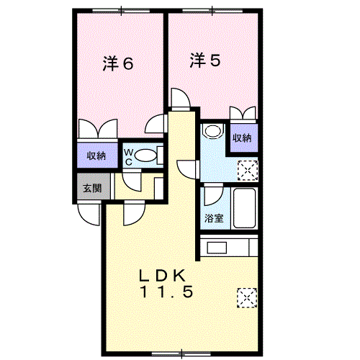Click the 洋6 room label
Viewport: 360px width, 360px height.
(x=118, y=63)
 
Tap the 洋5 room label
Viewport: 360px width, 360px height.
(x=205, y=60)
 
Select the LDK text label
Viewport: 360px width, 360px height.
(x=163, y=276)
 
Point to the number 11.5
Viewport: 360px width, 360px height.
(x=166, y=292)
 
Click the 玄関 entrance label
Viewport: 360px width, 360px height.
(x=92, y=189)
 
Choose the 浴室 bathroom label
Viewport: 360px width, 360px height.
(x=214, y=218)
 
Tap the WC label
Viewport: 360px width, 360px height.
(x=128, y=157)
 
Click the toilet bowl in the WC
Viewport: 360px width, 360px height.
(x=145, y=156)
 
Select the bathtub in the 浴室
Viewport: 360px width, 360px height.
(x=244, y=208)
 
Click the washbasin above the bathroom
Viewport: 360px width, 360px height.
(x=213, y=131)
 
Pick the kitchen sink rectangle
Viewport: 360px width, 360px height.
(x=217, y=248)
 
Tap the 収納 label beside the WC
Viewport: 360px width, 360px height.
(x=96, y=156)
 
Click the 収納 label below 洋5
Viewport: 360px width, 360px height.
(x=242, y=138)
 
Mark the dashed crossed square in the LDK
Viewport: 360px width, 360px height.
(x=247, y=298)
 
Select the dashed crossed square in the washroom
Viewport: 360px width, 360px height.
(x=248, y=171)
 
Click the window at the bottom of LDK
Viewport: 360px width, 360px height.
(x=181, y=354)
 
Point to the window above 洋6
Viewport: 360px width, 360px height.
(x=121, y=11)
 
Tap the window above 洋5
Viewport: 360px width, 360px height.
(x=212, y=11)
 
